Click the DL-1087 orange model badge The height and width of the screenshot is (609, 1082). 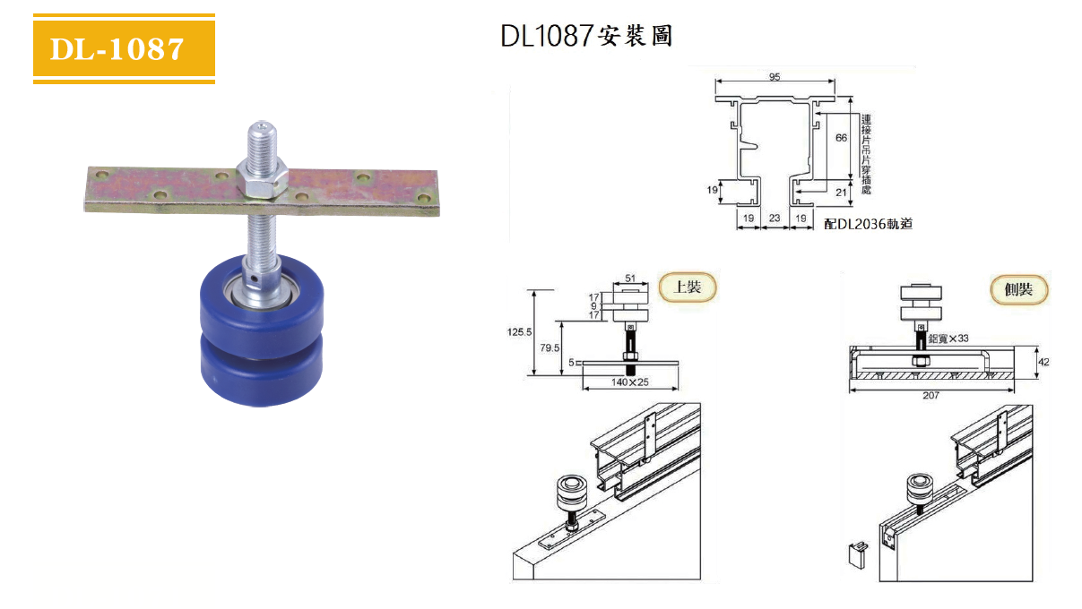click(x=124, y=49)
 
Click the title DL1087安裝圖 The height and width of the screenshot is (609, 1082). click(x=586, y=36)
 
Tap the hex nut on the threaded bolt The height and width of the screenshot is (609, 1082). click(x=261, y=180)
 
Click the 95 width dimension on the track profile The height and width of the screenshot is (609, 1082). click(x=775, y=77)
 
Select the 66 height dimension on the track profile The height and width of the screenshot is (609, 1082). click(x=841, y=138)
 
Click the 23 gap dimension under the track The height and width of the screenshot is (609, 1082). click(x=775, y=217)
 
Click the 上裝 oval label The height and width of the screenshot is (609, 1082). click(x=688, y=287)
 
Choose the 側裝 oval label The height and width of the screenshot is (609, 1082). click(x=1019, y=289)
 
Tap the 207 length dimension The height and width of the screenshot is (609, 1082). click(x=931, y=395)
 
